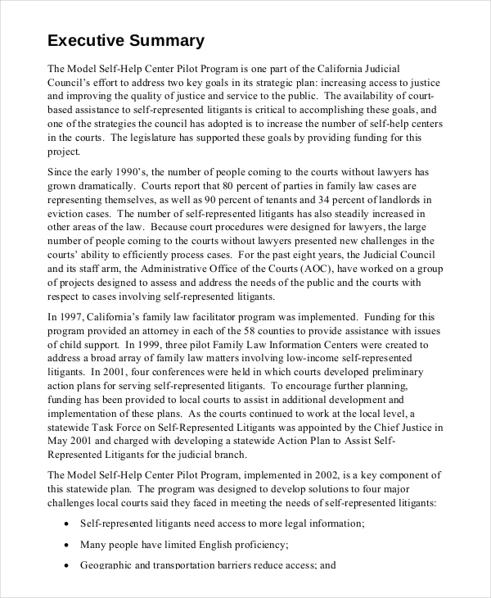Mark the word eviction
coord(68,214)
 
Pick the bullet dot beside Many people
coord(65,544)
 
